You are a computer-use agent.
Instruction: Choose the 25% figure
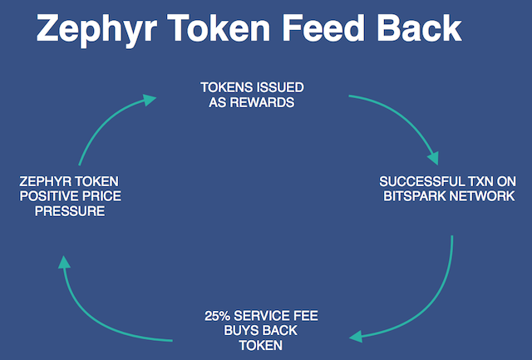click(x=217, y=316)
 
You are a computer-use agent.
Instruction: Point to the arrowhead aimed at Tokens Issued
click(x=149, y=99)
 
